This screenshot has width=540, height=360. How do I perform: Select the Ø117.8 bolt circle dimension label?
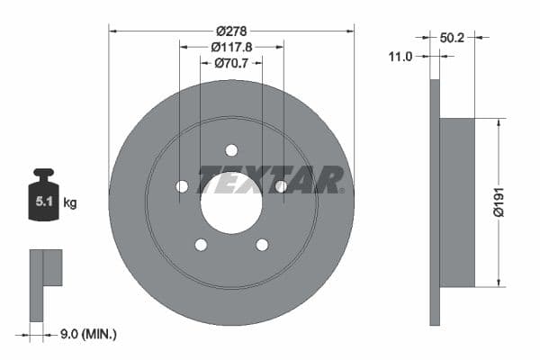pos(231,47)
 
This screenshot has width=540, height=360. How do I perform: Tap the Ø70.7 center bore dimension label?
pos(231,63)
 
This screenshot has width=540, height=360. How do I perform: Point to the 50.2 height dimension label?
pos(453,38)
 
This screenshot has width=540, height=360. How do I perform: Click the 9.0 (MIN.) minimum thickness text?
pos(86,334)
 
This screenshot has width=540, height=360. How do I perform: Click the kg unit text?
pos(70,203)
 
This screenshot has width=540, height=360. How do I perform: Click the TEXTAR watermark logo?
pos(270,179)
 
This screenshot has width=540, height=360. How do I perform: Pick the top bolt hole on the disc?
pos(231,150)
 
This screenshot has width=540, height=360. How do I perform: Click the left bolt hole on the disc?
pos(182,186)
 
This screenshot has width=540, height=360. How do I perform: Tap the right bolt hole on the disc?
pos(281,186)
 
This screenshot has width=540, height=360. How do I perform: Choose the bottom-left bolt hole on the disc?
pos(201,245)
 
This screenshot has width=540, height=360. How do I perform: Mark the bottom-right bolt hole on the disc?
pos(262,245)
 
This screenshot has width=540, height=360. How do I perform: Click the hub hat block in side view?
pos(457,202)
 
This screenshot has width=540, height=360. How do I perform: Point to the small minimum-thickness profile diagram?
pos(44,283)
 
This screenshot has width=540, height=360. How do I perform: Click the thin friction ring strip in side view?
pos(435,202)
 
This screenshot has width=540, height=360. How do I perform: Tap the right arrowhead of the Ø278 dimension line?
pos(350,30)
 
